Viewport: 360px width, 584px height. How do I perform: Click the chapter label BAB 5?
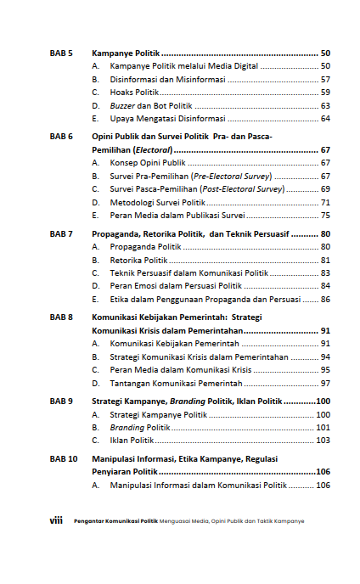[61, 53]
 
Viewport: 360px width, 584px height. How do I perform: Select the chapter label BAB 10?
[64, 458]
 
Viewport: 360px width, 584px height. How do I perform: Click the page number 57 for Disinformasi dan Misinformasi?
[325, 79]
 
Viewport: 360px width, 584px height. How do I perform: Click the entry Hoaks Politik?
[134, 92]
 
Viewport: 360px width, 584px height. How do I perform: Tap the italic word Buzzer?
[124, 105]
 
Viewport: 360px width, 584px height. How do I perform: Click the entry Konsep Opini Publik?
[148, 162]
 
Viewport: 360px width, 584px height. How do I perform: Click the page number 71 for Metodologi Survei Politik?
[325, 202]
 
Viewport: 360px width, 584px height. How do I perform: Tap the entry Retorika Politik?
[138, 260]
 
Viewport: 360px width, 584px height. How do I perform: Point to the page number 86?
[325, 299]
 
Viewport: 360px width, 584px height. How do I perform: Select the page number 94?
[325, 357]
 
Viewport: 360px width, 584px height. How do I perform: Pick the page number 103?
[323, 441]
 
